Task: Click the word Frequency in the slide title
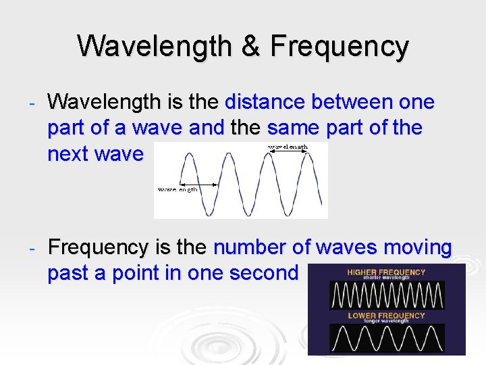pyautogui.click(x=340, y=47)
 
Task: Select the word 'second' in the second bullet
pyautogui.click(x=264, y=273)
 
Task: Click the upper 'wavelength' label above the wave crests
pyautogui.click(x=288, y=147)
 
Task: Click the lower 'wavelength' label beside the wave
pyautogui.click(x=178, y=190)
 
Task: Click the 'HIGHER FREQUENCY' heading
pyautogui.click(x=386, y=272)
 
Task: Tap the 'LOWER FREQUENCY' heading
pyautogui.click(x=386, y=316)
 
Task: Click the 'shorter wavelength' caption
pyautogui.click(x=386, y=278)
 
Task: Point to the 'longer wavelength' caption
pyautogui.click(x=386, y=321)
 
